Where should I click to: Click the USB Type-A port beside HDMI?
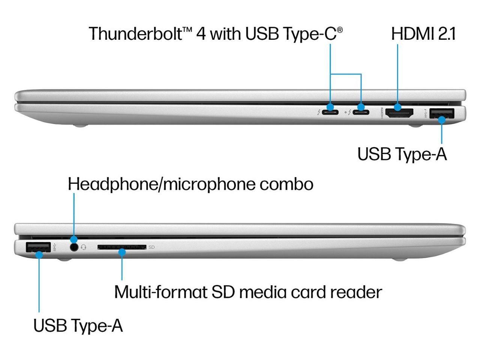coord(441,113)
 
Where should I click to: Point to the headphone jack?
coord(74,247)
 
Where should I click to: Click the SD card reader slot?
coord(121,247)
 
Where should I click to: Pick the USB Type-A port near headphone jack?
coord(38,247)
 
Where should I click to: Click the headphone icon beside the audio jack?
coord(84,247)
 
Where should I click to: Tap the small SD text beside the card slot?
coord(151,247)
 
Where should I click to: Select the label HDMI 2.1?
coord(423,34)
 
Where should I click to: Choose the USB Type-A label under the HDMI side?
coord(402,154)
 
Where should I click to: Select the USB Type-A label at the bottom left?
coord(78,325)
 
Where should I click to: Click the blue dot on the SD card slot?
coord(122,252)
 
